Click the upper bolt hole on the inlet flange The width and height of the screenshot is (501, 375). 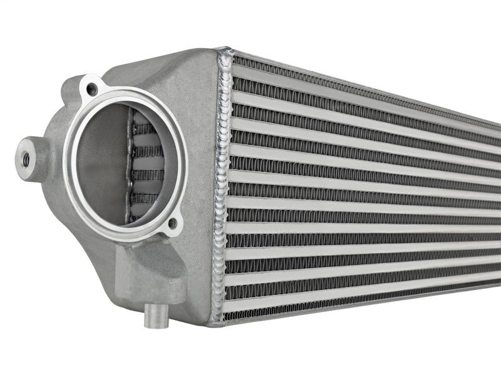click(x=92, y=89)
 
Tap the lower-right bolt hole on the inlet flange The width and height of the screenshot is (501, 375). click(x=173, y=223)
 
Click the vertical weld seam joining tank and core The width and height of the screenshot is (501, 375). click(x=221, y=187)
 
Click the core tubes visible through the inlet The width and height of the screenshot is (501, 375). click(x=145, y=169)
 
